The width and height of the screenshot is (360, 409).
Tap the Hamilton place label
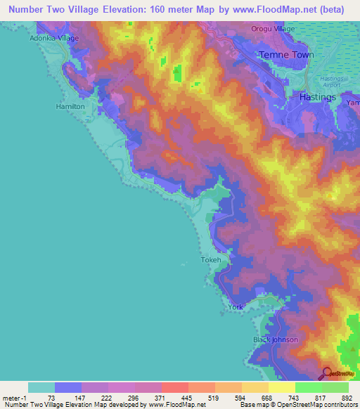(x=70, y=106)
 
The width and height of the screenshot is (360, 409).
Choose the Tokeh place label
(x=211, y=260)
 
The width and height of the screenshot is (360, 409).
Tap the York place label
(x=236, y=308)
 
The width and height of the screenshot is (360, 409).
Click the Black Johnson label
(x=276, y=339)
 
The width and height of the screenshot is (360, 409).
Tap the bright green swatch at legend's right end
(x=335, y=387)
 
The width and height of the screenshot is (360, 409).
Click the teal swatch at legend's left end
(x=41, y=387)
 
